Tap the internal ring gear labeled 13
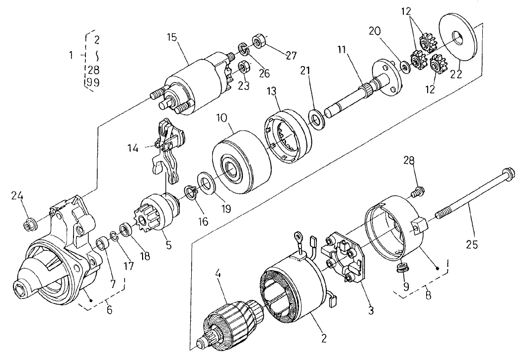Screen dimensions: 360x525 coord(288,138)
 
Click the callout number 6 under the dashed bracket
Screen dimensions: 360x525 coord(110,310)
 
